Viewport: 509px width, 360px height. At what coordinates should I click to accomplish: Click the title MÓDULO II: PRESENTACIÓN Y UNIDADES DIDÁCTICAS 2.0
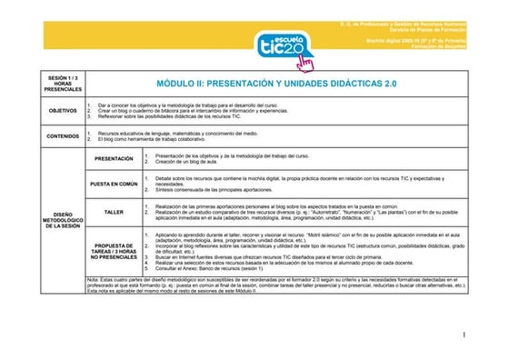[278, 83]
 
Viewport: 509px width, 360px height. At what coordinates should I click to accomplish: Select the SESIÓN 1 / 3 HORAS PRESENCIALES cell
[63, 85]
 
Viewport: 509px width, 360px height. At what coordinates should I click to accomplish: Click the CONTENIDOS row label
[63, 137]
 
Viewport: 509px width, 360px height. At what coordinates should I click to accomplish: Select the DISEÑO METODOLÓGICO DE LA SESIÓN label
[63, 219]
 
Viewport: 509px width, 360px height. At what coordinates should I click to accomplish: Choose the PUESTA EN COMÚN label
[114, 183]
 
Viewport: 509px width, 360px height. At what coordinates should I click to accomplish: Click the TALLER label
[114, 212]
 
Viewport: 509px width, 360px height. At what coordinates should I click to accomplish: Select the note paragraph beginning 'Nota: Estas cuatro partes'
[273, 284]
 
